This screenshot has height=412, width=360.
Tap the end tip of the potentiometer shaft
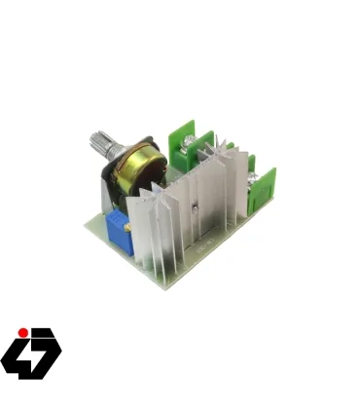(x=95, y=138)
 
